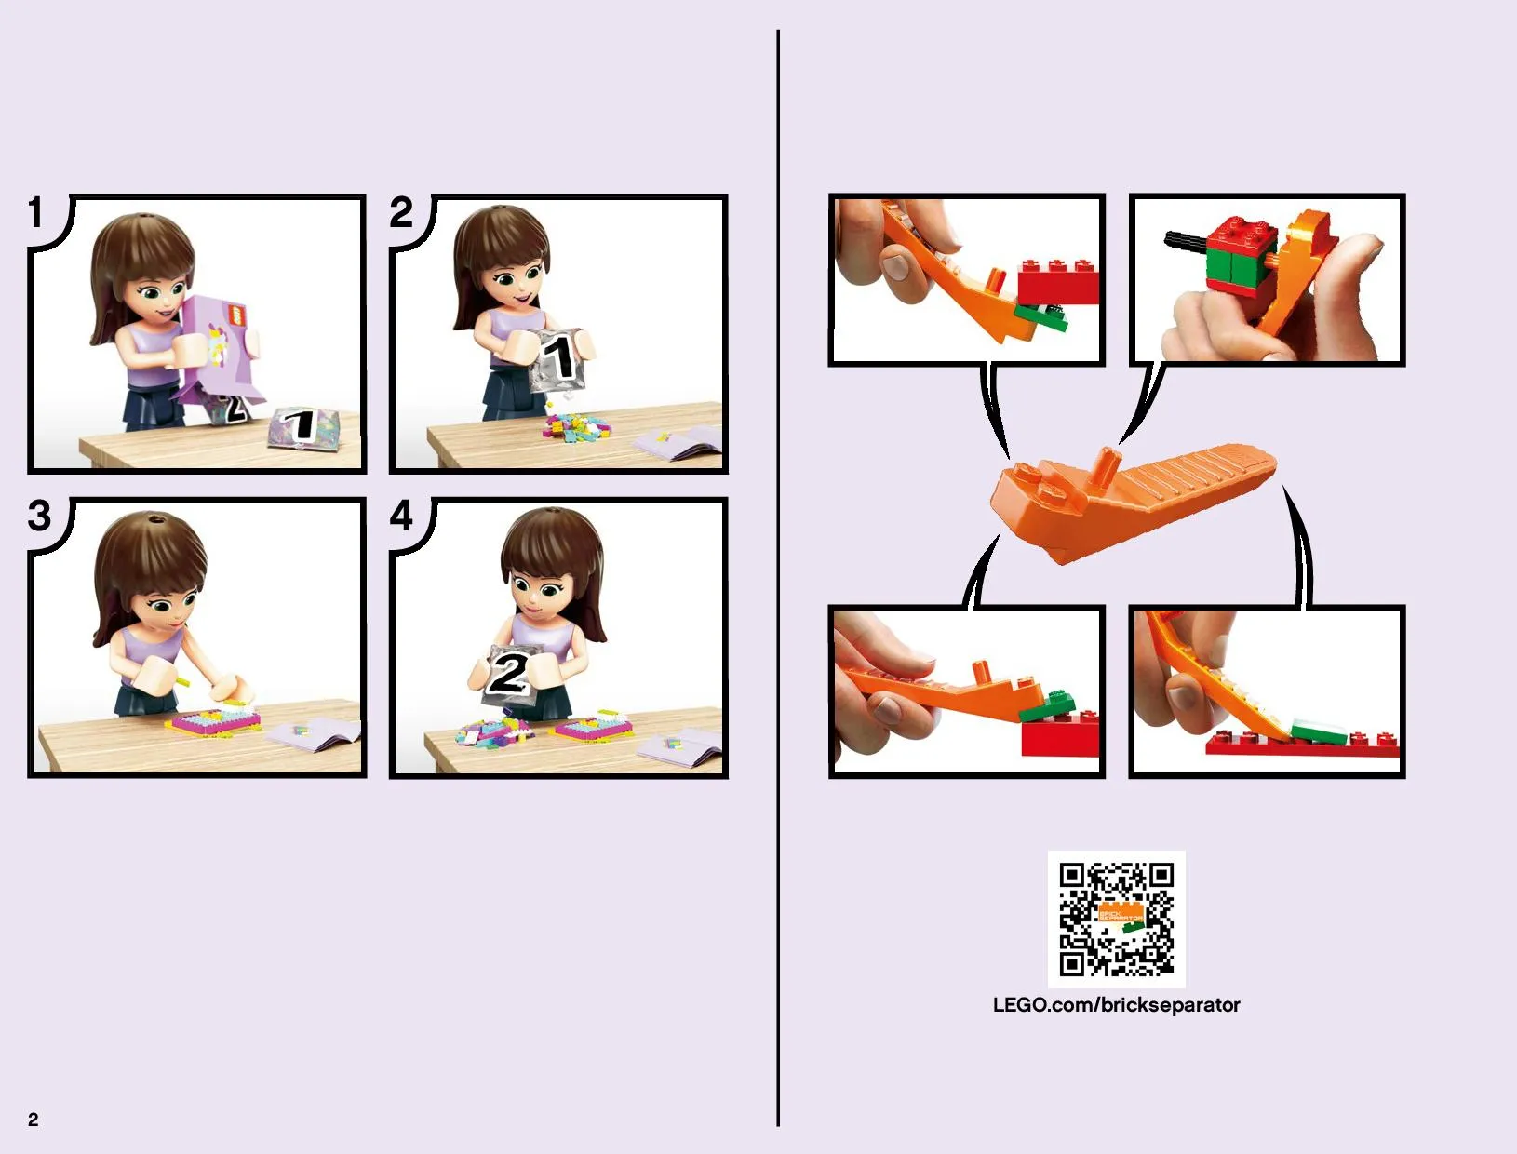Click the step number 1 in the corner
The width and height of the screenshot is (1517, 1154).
[36, 212]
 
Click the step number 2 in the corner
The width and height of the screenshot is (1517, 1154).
[401, 212]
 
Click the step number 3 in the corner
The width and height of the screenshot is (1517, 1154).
[39, 516]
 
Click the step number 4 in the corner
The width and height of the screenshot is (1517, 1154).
[401, 516]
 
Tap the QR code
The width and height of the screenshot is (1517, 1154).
[1116, 919]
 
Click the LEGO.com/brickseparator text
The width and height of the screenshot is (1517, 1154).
[1116, 1005]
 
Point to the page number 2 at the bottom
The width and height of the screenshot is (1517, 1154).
[34, 1120]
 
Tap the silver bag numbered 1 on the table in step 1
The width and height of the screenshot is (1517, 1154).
[302, 428]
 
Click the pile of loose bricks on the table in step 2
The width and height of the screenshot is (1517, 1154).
[577, 426]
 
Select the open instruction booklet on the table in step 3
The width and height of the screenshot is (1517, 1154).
[315, 733]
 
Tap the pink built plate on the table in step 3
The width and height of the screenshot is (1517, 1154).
[213, 721]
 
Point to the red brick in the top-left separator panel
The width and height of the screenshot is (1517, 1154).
[1058, 282]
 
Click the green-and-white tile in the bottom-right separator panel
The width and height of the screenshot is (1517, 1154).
[1319, 731]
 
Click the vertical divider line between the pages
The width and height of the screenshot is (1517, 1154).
[778, 578]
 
